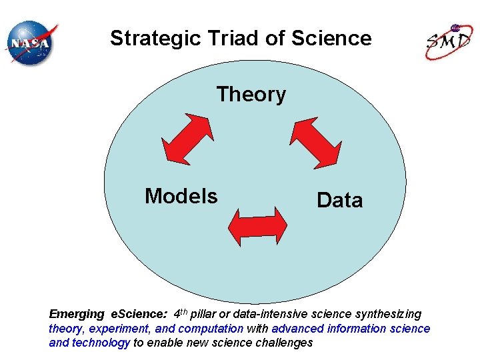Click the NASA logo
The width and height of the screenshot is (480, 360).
tap(32, 43)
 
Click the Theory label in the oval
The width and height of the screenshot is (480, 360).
tap(251, 95)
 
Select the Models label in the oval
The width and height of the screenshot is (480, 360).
tap(181, 196)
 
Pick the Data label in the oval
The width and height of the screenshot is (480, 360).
tap(339, 200)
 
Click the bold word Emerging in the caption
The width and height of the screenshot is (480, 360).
tap(77, 314)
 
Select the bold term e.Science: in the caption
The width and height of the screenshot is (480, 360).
tap(138, 314)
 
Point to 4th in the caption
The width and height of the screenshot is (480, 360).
tap(180, 313)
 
